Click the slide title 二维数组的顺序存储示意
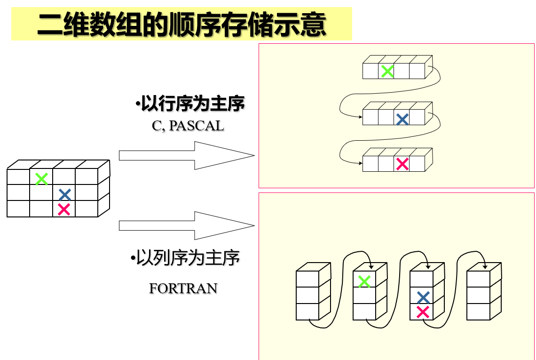181,24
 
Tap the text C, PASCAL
188,126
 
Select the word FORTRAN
183,288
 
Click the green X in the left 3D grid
41,179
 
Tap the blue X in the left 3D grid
65,194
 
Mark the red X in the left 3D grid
64,209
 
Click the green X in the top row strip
387,72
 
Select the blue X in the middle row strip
402,119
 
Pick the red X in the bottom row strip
402,164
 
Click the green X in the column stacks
364,281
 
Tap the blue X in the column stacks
423,297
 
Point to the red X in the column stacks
423,312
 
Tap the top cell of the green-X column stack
364,280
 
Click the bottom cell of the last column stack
478,312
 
